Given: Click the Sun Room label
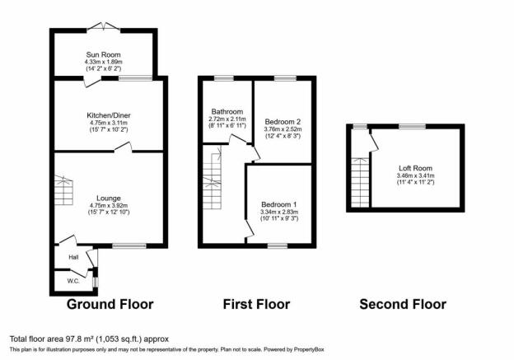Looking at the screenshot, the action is pos(103,54).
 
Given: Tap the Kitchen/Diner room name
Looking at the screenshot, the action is pos(109,115).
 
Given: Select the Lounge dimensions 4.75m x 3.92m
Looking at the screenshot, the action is pos(109,206).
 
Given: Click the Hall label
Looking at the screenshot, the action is pos(73,258).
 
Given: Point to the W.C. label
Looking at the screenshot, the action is pos(73,281).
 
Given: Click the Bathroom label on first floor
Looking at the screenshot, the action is pos(227,112).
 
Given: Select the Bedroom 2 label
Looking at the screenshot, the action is pos(283,122).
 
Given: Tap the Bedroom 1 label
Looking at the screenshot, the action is pos(279,204).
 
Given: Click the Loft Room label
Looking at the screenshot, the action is pos(415,168).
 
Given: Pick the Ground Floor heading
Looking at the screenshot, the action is pos(110,304).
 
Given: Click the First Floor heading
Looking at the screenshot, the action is pos(256,304).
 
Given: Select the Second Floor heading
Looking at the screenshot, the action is pos(403,304).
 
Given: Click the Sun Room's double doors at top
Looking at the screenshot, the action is pos(104,27).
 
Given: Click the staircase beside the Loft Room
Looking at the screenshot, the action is pos(360,183).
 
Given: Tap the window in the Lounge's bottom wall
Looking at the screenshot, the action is pos(129,245).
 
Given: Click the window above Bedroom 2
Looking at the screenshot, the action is pos(285,78).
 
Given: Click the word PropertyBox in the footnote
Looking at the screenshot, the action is pos(309,349).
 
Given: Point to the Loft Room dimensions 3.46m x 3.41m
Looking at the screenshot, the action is pos(415,175).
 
